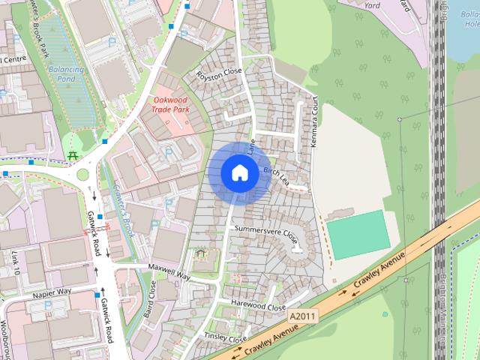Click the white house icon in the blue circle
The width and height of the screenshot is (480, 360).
pos(239,173)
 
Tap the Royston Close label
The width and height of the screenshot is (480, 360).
pos(218,74)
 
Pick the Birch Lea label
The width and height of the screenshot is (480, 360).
pos(277,175)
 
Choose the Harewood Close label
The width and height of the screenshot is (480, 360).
pos(259,307)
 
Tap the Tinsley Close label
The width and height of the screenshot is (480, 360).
pos(226,337)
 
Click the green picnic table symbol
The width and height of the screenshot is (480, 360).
pos(73,155)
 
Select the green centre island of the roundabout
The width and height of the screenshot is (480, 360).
pos(81,175)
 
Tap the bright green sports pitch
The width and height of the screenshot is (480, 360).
pos(358,235)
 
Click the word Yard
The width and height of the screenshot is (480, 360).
pos(372,4)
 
